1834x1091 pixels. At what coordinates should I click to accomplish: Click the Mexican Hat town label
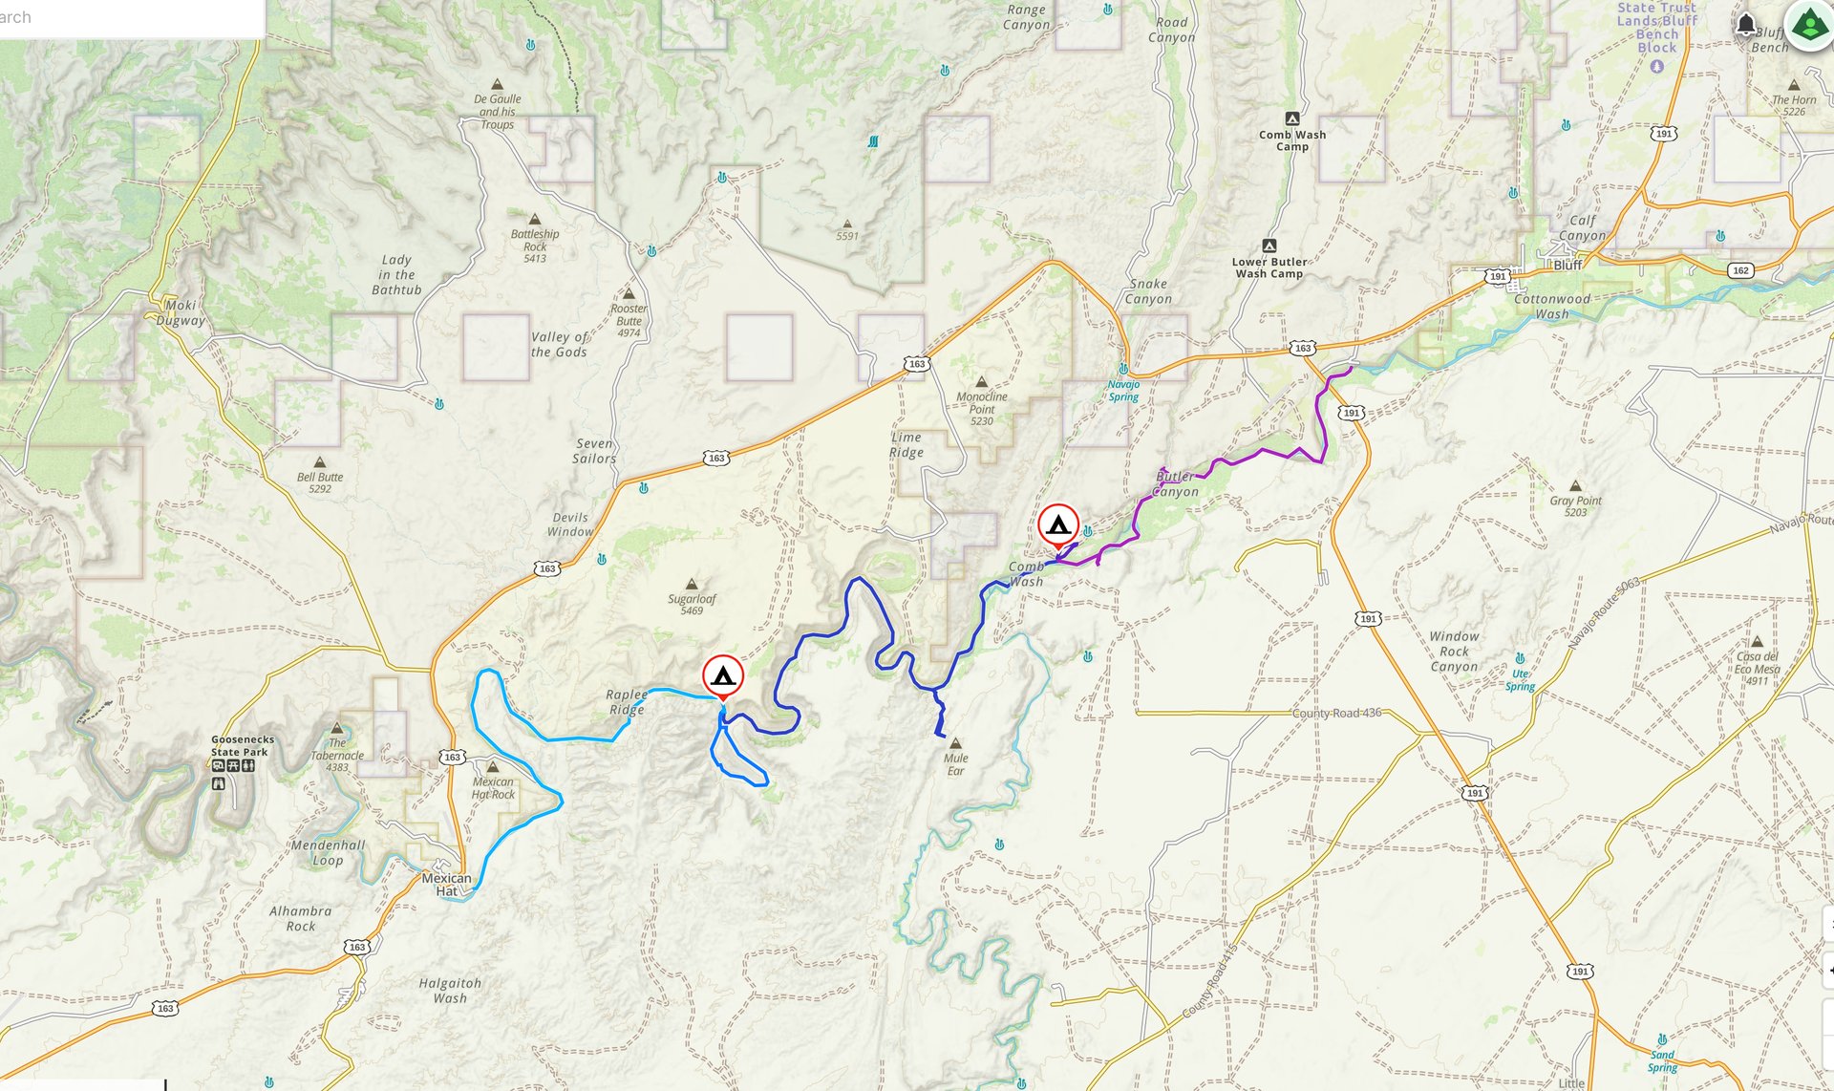click(446, 885)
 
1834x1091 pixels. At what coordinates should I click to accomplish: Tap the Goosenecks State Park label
click(243, 745)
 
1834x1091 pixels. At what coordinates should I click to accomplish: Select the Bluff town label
click(1567, 265)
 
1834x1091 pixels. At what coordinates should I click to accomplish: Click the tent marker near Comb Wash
click(1058, 525)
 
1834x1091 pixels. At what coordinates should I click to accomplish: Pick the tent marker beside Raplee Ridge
click(723, 675)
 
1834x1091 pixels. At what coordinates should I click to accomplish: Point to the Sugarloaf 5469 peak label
click(692, 604)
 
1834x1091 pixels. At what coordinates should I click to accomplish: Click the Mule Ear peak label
click(955, 763)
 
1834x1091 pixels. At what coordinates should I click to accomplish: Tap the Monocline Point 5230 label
click(982, 408)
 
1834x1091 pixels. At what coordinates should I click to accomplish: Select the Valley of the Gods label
click(559, 344)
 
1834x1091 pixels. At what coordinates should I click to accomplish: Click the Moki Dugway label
click(181, 312)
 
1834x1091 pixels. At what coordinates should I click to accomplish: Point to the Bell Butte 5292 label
click(319, 481)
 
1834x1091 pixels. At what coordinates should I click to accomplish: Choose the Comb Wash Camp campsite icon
click(1291, 118)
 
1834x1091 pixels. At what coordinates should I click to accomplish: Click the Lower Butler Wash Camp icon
click(1269, 246)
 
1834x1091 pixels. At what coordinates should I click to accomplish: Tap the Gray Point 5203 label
click(1575, 505)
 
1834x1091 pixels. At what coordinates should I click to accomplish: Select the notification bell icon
click(1746, 24)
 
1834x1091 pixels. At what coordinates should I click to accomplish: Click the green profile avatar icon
click(1808, 25)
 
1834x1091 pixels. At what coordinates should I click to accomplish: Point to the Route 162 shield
click(1740, 270)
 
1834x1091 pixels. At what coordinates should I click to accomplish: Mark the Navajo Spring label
click(1123, 390)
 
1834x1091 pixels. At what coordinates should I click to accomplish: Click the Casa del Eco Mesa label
click(1758, 668)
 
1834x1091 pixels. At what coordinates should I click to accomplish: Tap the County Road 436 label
click(1336, 713)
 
